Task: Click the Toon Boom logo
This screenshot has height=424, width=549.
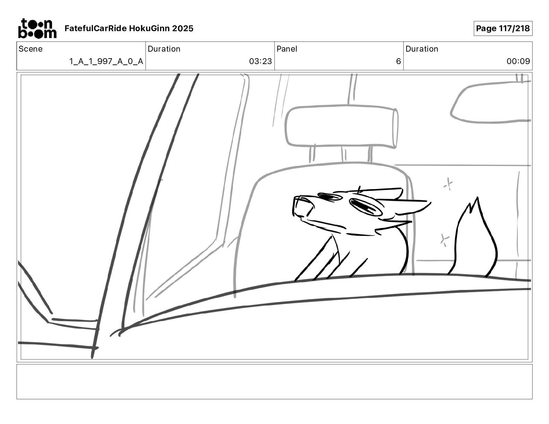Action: [37, 28]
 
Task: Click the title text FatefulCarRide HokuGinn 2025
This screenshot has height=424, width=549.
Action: [129, 28]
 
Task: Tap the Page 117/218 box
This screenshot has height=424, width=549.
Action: [503, 28]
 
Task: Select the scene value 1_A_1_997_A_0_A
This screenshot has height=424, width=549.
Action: [106, 61]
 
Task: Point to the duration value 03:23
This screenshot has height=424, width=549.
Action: [261, 61]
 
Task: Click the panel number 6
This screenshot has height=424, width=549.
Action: [399, 61]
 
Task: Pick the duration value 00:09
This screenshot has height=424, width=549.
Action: [518, 61]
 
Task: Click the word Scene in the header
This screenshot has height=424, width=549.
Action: [31, 49]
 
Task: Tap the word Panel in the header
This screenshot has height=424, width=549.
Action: [287, 49]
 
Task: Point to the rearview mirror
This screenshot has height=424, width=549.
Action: [490, 102]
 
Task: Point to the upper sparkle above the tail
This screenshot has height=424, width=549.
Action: [448, 184]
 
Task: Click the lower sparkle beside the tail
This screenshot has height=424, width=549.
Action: [444, 240]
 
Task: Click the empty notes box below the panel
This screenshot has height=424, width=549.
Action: [274, 382]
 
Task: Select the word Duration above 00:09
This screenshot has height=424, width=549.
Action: [422, 49]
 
